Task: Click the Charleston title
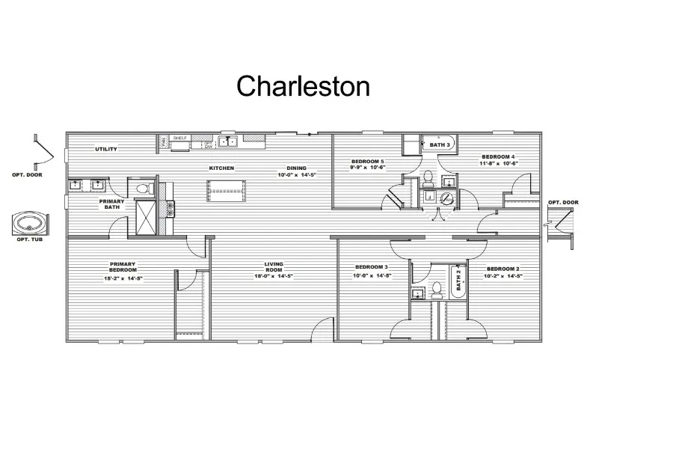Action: point(303,87)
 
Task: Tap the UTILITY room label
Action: point(106,149)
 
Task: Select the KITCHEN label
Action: point(221,168)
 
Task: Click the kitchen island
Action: point(227,191)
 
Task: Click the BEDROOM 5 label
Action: point(367,161)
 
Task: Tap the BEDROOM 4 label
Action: point(499,156)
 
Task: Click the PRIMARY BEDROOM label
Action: point(122,266)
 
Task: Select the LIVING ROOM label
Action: point(273,266)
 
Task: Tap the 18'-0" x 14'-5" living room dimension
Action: point(273,277)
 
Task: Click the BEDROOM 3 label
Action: point(371,267)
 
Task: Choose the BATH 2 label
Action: point(458,281)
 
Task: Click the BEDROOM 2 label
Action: point(503,269)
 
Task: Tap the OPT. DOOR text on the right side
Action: point(563,202)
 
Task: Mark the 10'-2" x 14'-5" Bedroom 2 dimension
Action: point(503,276)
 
